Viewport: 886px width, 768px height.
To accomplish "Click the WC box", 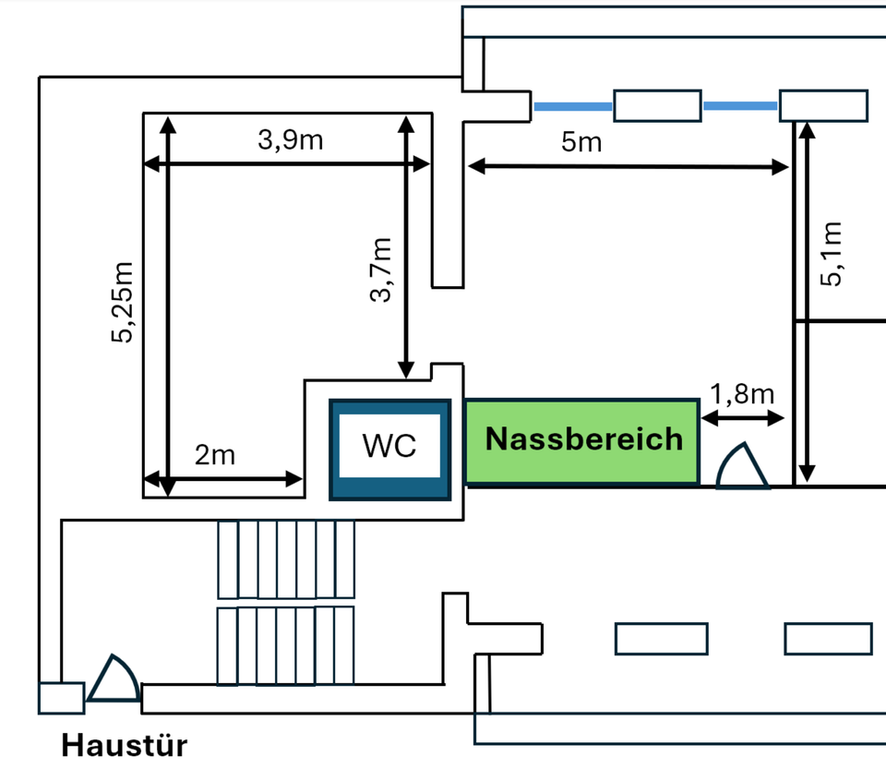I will click(x=389, y=449).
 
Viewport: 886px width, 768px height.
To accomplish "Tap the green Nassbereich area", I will click(x=581, y=441).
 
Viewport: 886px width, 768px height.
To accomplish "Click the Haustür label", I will click(x=124, y=745).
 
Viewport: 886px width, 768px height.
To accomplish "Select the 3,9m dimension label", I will click(x=290, y=141).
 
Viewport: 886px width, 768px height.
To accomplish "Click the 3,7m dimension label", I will click(x=380, y=270).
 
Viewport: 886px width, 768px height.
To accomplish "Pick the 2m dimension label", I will click(x=214, y=455).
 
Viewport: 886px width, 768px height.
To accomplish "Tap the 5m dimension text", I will click(x=581, y=142).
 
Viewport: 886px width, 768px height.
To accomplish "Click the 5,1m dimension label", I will click(x=832, y=255).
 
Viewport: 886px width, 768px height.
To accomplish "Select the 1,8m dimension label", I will click(x=741, y=395).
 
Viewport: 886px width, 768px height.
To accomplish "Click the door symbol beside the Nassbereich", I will click(x=743, y=467).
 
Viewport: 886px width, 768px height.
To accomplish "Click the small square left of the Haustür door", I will click(x=61, y=698).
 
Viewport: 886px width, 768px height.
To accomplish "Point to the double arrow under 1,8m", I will click(x=743, y=419).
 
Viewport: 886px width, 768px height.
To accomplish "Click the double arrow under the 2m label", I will click(x=223, y=478).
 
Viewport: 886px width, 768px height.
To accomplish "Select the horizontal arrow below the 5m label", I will click(x=628, y=167).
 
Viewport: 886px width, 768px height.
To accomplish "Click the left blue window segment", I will click(x=573, y=107).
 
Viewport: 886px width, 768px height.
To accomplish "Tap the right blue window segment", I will click(x=740, y=107).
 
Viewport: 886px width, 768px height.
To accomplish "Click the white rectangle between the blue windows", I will click(x=657, y=106).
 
